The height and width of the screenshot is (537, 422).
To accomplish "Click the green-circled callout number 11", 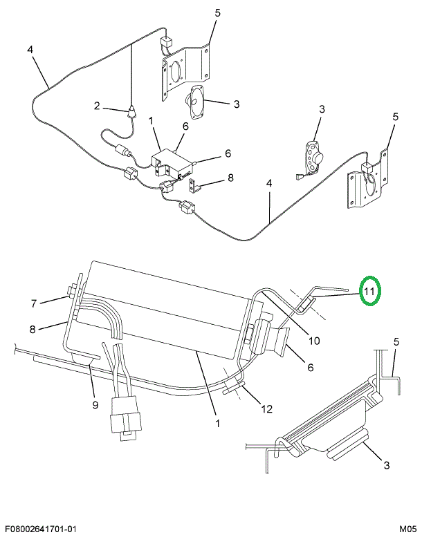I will tap(369, 292).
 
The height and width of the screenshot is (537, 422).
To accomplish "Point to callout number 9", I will tap(95, 405).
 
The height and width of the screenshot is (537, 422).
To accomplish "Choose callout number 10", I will tap(314, 339).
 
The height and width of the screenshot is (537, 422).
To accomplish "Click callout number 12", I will tap(266, 408).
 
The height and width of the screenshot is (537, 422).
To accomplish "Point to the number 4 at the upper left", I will tap(30, 49).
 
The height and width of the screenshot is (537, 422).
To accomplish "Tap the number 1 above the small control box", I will tap(152, 121).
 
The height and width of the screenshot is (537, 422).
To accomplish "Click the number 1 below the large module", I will tap(217, 422).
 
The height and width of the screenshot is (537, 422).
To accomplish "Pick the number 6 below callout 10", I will tap(311, 368).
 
